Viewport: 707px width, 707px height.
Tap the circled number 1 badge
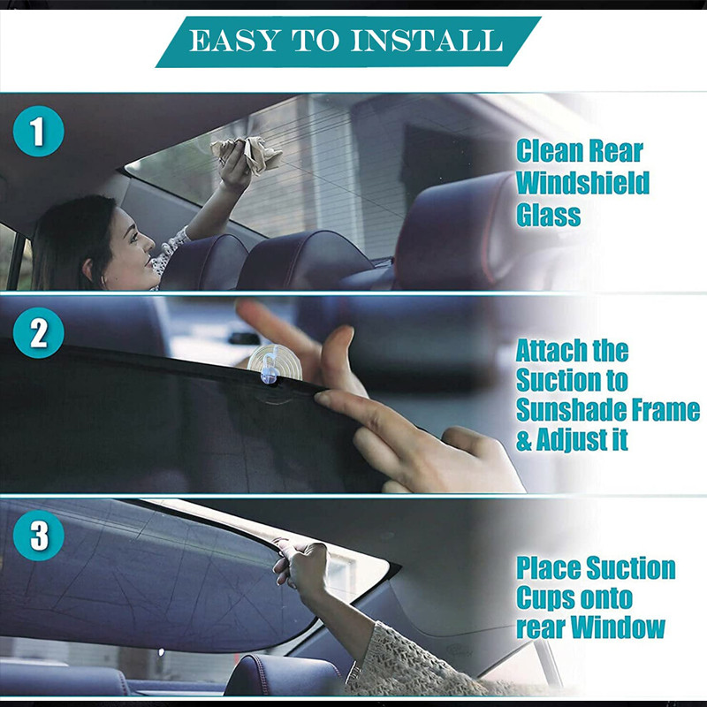point(38,133)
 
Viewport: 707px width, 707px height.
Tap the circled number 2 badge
point(38,334)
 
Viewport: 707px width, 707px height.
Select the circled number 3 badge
point(38,536)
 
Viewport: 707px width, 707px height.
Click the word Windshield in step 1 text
point(582,183)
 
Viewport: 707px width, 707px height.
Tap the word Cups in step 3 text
point(545,598)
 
